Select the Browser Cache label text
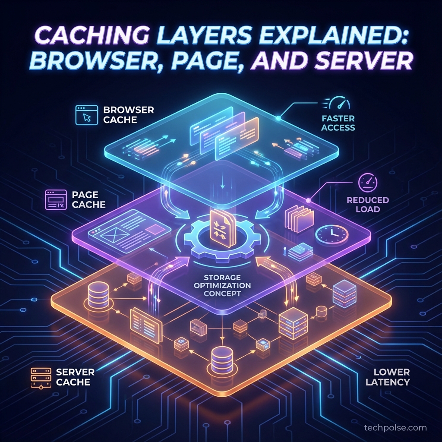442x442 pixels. pos(128,114)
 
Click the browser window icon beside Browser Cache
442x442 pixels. pos(86,115)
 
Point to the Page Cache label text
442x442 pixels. pos(89,200)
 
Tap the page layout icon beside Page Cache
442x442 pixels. pos(56,200)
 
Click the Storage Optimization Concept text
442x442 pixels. pos(221,286)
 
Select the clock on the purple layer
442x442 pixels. pos(331,234)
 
